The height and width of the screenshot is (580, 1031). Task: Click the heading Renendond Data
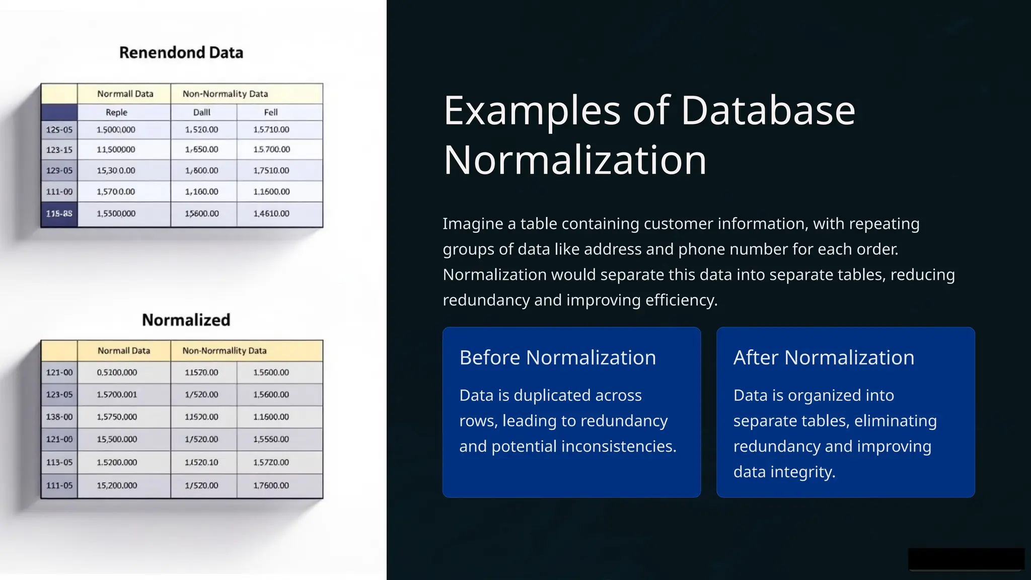click(181, 52)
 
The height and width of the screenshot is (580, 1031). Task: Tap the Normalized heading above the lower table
click(186, 320)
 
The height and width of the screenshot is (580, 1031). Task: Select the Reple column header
click(116, 112)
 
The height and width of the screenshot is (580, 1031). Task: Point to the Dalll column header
click(201, 112)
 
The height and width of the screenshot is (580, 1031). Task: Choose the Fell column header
click(271, 112)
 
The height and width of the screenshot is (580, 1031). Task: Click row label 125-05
click(59, 130)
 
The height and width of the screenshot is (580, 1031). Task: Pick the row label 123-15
click(59, 150)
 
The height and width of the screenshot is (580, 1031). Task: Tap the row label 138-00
click(59, 417)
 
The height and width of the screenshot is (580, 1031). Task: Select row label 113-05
click(59, 462)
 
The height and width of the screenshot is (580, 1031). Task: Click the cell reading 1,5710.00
click(271, 130)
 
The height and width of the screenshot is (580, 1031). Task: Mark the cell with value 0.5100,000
click(117, 373)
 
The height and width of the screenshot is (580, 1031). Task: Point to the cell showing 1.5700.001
click(117, 395)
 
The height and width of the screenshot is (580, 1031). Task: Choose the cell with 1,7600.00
click(271, 486)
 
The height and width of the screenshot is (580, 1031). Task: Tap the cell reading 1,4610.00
click(271, 213)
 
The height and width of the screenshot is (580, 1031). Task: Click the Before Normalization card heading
click(558, 357)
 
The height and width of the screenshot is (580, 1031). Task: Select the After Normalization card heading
click(824, 357)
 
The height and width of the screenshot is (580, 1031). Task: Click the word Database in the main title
click(768, 111)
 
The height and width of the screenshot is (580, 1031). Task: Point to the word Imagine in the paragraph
click(473, 224)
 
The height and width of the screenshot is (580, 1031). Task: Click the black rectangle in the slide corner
click(966, 559)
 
